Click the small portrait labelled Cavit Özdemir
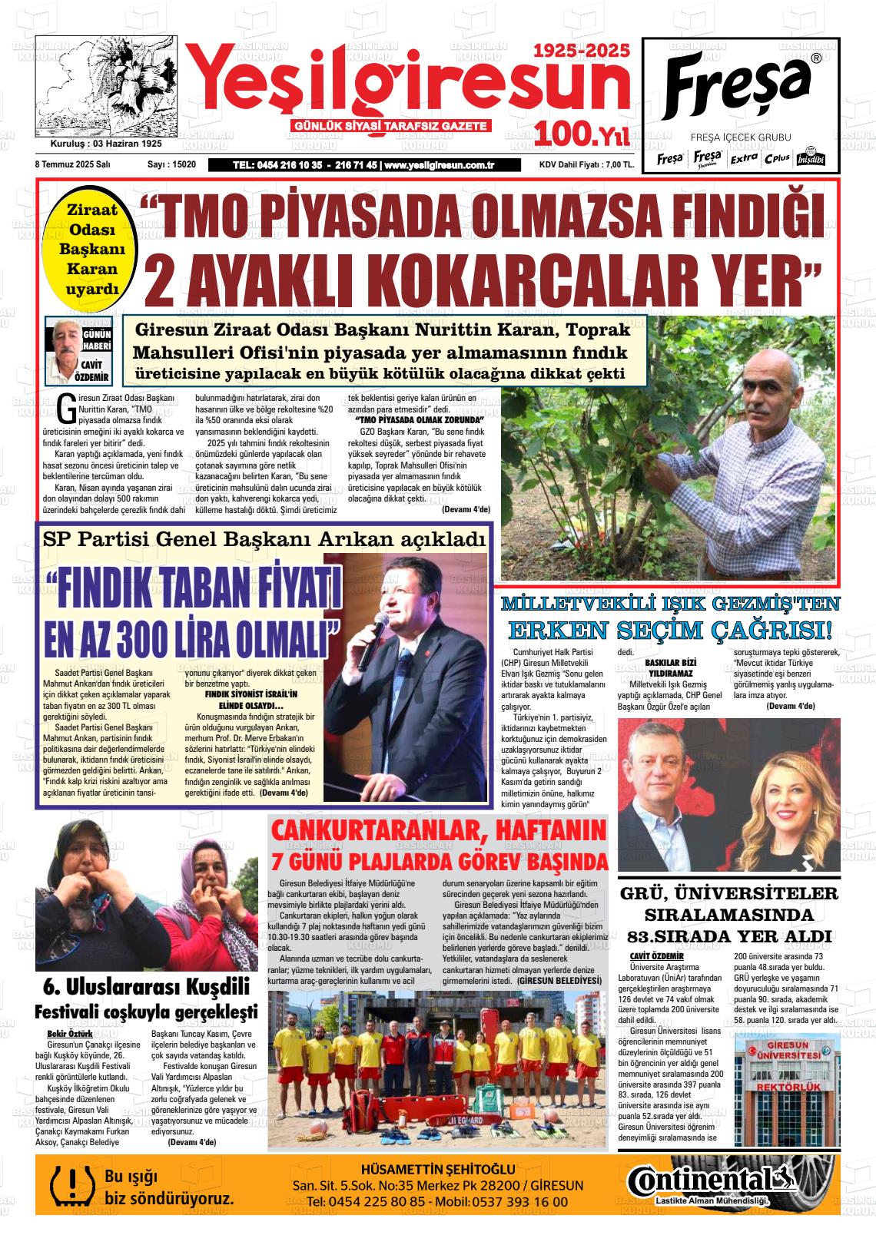pos(62,349)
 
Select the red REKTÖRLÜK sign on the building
pos(787,1088)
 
